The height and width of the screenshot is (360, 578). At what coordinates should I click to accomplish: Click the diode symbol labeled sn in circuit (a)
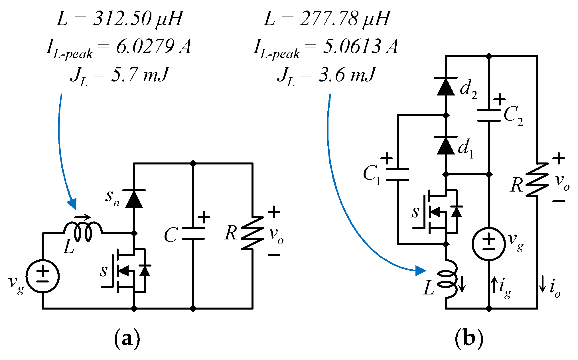click(134, 199)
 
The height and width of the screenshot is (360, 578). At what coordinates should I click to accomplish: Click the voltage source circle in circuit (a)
click(42, 276)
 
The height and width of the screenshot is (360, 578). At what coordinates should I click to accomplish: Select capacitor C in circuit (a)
click(193, 233)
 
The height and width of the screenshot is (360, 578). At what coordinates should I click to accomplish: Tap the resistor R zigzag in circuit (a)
click(252, 233)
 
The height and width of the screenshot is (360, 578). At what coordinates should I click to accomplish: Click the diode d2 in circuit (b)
click(446, 86)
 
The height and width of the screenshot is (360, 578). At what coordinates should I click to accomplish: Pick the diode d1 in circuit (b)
click(446, 145)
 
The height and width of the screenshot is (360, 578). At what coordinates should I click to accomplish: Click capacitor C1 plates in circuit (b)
click(397, 174)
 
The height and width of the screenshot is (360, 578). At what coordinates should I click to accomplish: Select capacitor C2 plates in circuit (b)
click(489, 115)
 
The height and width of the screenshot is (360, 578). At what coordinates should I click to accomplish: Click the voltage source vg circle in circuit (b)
click(489, 244)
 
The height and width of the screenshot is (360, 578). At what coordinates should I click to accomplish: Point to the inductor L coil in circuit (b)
click(448, 279)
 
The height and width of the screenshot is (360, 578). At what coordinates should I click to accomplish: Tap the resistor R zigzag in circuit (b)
click(537, 180)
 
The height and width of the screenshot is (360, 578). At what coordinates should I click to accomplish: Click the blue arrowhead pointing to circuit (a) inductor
click(72, 204)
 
